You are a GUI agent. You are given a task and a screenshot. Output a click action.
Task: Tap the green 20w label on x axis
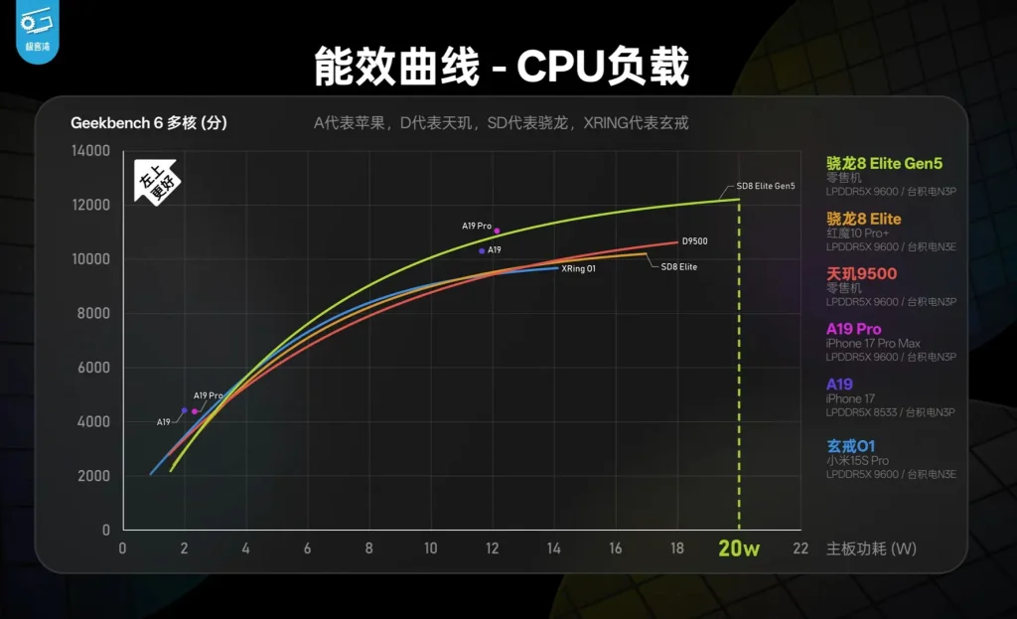[739, 548]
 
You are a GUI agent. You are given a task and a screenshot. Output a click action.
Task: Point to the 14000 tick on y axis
[90, 151]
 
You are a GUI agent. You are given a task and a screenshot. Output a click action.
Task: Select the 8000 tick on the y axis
[93, 314]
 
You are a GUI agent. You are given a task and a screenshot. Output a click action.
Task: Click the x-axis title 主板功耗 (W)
[872, 548]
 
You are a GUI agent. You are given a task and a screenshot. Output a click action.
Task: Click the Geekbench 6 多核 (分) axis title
[149, 123]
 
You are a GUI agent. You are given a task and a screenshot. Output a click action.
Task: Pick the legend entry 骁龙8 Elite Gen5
[884, 163]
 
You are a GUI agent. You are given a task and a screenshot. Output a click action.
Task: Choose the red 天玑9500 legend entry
[861, 274]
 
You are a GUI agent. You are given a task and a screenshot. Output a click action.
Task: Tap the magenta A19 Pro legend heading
[853, 329]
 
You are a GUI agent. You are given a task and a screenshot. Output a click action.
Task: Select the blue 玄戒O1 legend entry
[851, 445]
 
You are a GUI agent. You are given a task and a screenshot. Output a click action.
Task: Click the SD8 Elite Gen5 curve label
[765, 186]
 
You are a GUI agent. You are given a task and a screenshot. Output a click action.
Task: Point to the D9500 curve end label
[694, 241]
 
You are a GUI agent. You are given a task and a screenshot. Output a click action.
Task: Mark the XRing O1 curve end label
[578, 268]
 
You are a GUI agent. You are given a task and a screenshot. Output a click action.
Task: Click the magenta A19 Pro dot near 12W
[497, 231]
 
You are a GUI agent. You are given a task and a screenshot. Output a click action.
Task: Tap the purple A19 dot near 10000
[482, 251]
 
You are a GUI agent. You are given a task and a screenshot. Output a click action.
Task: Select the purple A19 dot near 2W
[185, 410]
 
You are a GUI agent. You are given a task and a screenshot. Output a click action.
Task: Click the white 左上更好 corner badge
[156, 181]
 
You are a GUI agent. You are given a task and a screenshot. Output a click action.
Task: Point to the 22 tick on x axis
[800, 548]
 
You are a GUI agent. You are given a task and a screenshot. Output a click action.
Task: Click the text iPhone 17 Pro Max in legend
[873, 344]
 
